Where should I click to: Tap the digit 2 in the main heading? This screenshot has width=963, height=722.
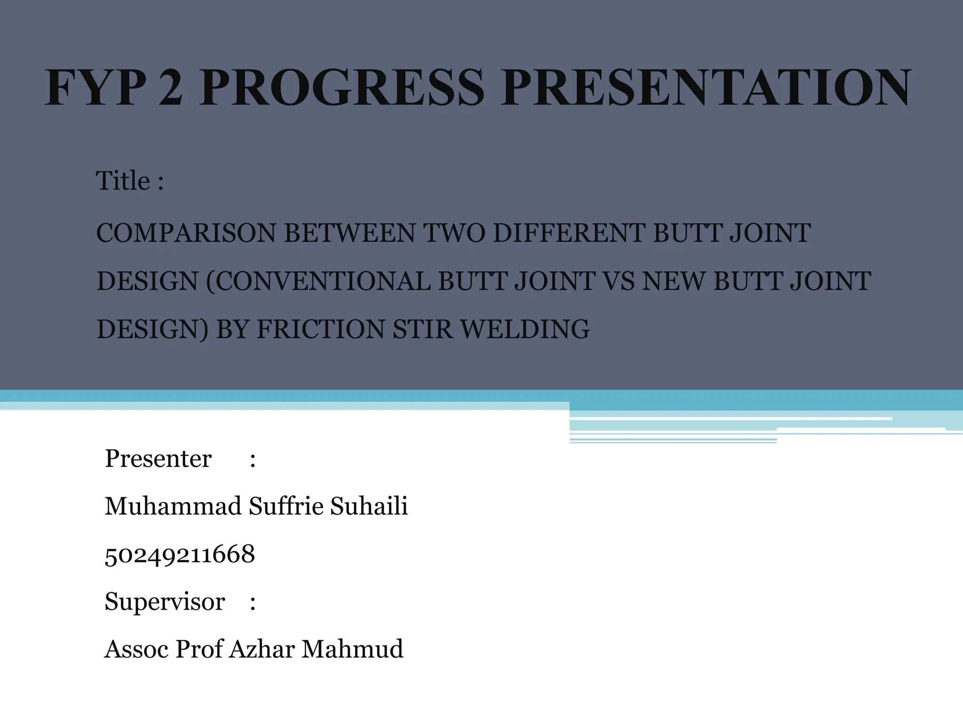click(171, 88)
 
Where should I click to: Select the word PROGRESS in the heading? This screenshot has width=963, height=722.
click(341, 88)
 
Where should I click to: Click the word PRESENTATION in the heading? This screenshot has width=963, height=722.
click(705, 88)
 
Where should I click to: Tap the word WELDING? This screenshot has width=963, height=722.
click(524, 329)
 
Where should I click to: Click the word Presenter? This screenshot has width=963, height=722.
click(158, 459)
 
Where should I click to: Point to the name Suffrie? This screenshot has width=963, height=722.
click(286, 506)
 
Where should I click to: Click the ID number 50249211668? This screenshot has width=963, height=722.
click(180, 554)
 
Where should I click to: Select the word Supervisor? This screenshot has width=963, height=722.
click(165, 602)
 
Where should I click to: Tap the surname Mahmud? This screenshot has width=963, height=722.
click(352, 649)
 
